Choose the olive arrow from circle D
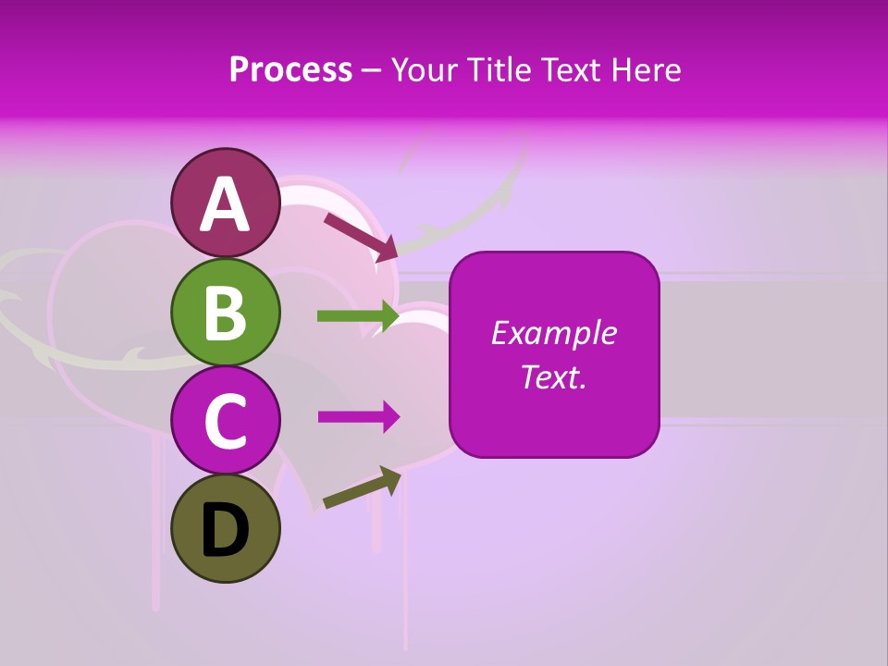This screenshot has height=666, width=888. click(x=362, y=489)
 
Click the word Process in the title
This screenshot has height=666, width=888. click(x=290, y=69)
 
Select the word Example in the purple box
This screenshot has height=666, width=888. click(x=553, y=333)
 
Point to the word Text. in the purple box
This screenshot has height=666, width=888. click(x=553, y=376)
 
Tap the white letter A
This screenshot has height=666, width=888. click(x=226, y=203)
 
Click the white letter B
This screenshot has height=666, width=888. click(x=226, y=313)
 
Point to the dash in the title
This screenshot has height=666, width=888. click(x=372, y=70)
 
